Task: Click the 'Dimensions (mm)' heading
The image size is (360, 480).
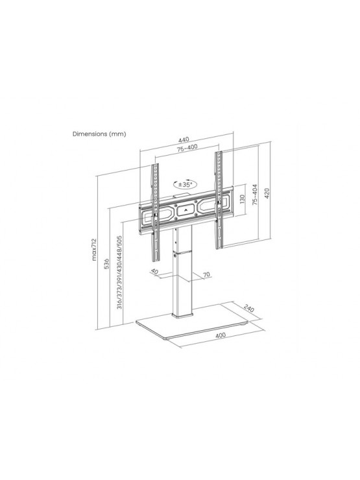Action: pos(99,134)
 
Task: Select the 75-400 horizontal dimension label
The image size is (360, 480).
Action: pos(187,147)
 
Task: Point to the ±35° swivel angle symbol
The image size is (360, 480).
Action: pos(186,184)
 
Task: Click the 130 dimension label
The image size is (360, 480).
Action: pos(242,200)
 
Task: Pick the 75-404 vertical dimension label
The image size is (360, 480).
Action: pos(255,194)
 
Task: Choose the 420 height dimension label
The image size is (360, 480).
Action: pos(267,193)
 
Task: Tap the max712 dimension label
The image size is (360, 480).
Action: pos(94,250)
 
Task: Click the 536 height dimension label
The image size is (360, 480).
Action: pos(106,264)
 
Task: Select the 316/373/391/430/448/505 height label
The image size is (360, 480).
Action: pos(119,272)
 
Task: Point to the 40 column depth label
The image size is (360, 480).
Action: pos(154,272)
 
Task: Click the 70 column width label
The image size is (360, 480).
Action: pos(207,274)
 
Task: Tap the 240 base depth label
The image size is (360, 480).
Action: pos(250,309)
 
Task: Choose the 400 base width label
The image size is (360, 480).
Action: pos(221,335)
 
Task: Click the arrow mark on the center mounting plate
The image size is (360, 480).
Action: pos(186,210)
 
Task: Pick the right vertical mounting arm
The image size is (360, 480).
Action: pos(219,200)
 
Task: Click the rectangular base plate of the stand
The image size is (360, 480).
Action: pos(192,322)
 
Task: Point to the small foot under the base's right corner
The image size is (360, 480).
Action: pos(244,324)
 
